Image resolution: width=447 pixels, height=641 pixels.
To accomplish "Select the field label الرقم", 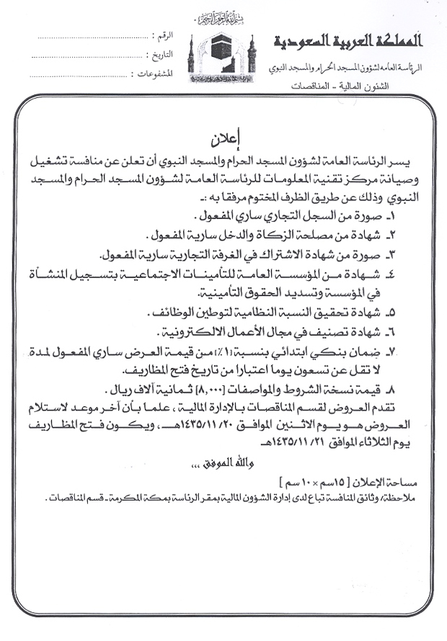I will pyautogui.click(x=164, y=35).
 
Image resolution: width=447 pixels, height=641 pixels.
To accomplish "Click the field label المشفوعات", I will pyautogui.click(x=158, y=73).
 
